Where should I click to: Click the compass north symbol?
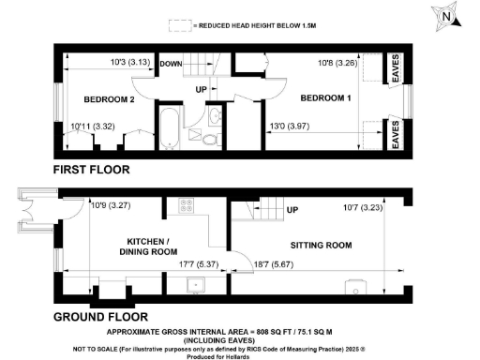coord(448,16)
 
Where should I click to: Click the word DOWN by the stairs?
coord(171,64)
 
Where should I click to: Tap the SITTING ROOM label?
coord(320,246)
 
